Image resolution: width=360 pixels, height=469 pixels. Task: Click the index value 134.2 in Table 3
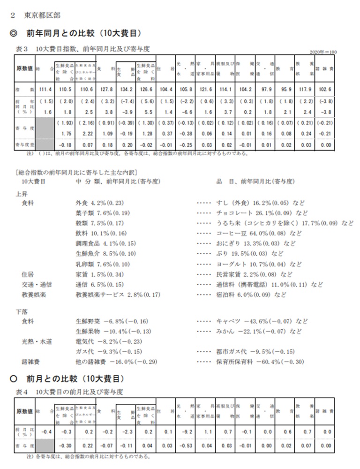coord(126,89)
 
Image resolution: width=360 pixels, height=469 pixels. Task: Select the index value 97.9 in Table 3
coord(265,89)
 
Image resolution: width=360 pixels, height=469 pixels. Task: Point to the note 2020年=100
coord(323,52)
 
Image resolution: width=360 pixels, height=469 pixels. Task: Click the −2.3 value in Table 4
coord(126,431)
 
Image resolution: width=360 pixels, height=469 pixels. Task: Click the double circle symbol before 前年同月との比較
coord(13,33)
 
